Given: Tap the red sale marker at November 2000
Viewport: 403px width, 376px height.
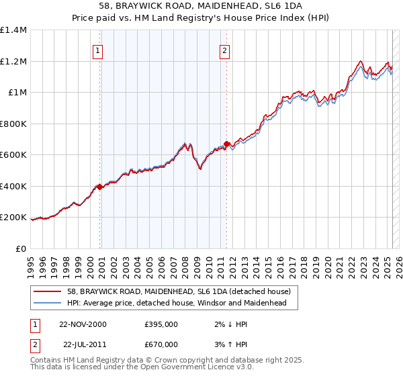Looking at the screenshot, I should tap(100, 187).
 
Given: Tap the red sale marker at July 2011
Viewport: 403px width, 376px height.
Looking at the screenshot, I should tap(227, 143).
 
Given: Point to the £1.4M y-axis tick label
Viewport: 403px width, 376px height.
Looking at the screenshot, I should tap(13, 30).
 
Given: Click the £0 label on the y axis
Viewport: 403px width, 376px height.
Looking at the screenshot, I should tap(21, 248).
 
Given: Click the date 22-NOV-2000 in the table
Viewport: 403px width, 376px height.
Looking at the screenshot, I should tap(83, 324).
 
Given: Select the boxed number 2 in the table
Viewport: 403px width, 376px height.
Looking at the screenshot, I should tap(34, 344).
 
